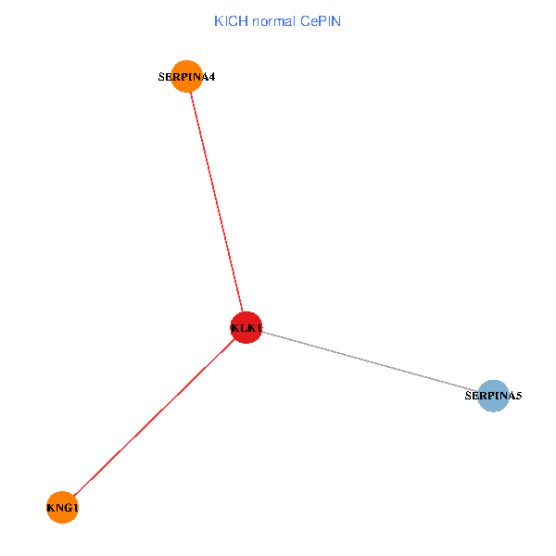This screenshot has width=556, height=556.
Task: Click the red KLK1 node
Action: (246, 327)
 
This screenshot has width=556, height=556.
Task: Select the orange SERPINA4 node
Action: (187, 77)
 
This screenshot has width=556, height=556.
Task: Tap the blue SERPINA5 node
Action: (493, 396)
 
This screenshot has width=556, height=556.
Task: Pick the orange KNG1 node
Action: (62, 507)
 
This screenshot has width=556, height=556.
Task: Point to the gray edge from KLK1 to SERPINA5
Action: (371, 361)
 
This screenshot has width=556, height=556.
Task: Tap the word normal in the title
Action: (273, 20)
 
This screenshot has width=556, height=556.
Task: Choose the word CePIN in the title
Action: (321, 20)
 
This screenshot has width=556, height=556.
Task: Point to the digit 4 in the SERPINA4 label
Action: (212, 78)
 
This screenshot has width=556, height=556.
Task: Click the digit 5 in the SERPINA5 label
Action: (519, 397)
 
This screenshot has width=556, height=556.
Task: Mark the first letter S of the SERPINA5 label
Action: (468, 397)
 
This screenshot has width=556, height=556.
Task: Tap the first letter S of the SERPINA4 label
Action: (162, 78)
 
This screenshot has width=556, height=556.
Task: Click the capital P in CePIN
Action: (322, 20)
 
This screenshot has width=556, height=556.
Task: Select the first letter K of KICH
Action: (219, 20)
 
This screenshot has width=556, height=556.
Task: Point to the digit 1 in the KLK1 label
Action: (259, 328)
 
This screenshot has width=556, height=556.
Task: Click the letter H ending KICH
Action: (243, 20)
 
